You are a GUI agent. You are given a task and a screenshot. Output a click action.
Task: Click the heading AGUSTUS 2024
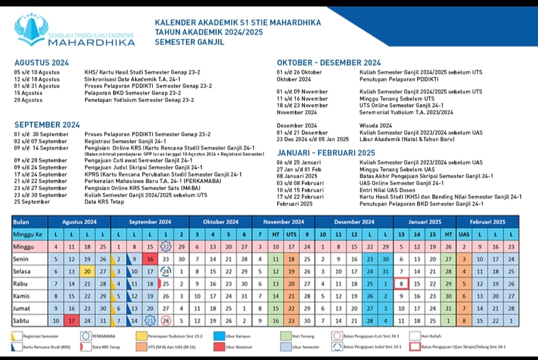point(41,63)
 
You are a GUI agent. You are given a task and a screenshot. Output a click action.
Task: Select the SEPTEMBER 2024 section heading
point(47,125)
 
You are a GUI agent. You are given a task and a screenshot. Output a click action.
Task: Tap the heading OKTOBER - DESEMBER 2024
point(329,63)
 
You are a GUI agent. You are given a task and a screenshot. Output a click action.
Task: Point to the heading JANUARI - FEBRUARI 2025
point(326,153)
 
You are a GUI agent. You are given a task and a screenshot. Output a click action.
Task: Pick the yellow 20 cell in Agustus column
point(87,271)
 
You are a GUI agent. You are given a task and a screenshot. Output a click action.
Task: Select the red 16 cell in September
point(150,259)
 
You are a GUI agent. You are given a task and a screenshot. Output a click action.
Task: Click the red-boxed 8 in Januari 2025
point(402,284)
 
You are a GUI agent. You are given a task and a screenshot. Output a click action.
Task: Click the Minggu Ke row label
point(28,234)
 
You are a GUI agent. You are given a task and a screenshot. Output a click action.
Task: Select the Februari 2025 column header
point(488,222)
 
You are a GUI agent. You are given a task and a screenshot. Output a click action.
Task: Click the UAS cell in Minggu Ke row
point(464,234)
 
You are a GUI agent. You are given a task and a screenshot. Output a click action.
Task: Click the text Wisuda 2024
point(376,125)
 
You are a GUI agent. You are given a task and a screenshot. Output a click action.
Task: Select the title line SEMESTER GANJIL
point(189,42)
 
